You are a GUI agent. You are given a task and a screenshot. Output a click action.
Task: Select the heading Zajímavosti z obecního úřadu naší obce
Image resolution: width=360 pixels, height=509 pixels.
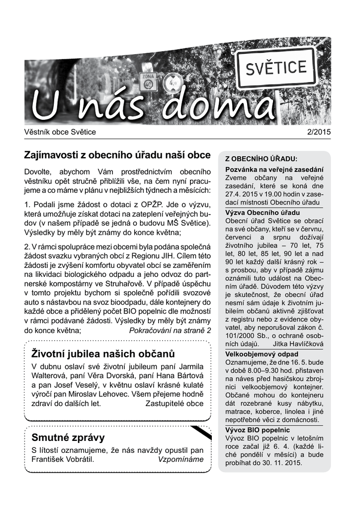point(117,155)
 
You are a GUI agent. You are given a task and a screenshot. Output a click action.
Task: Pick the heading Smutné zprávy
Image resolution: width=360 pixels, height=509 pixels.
point(68,437)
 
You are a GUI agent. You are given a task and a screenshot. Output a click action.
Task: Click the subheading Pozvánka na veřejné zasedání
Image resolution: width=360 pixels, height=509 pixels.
point(274,170)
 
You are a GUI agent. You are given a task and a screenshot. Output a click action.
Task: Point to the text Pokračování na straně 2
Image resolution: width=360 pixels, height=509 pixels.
point(170,331)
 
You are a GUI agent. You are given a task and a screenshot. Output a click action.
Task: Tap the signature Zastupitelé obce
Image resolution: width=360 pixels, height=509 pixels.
point(174,404)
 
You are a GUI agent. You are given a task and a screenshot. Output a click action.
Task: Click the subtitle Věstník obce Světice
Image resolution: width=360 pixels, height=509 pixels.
point(60,132)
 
